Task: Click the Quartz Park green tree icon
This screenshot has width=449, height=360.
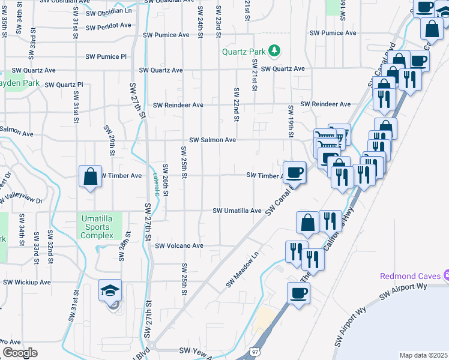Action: point(274,51)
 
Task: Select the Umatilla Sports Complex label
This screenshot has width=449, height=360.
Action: point(97,227)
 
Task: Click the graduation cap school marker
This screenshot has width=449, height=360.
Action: point(110,291)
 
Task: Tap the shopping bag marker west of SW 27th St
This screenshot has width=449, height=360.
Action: point(90,177)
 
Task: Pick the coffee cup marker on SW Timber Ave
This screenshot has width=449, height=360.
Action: point(294,173)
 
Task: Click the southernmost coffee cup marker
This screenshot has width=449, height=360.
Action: point(298,294)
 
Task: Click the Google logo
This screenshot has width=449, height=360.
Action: point(20,352)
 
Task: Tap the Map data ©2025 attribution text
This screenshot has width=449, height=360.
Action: point(423,355)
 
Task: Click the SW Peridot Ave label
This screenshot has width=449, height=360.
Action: point(109,25)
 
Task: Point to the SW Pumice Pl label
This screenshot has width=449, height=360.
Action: point(106,57)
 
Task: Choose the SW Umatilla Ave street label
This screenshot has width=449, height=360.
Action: point(238,211)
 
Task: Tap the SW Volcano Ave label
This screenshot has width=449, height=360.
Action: point(179,246)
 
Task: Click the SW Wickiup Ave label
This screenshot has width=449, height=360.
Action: point(27,282)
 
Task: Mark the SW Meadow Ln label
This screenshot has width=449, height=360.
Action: point(242,268)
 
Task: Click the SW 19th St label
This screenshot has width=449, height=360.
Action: point(291,120)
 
